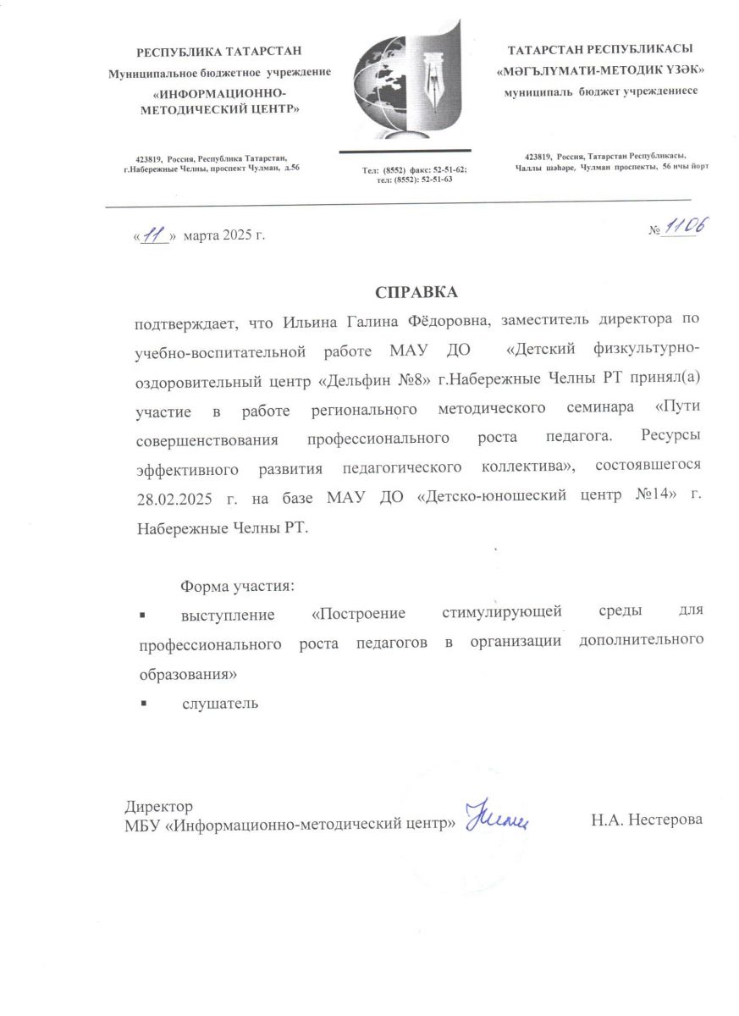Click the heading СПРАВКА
click(x=416, y=292)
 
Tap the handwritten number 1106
click(x=685, y=227)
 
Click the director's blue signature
click(x=498, y=816)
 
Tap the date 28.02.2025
click(x=175, y=497)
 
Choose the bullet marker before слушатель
click(x=143, y=703)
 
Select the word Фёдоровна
click(x=447, y=321)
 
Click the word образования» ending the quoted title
click(x=186, y=675)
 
